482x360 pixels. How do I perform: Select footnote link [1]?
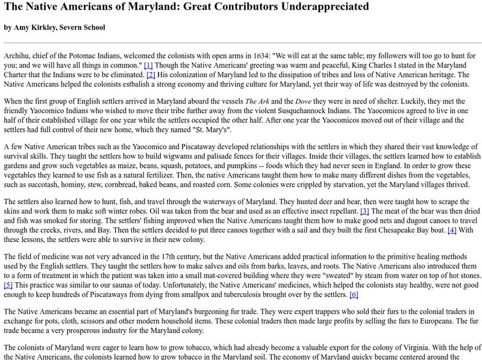point(148,64)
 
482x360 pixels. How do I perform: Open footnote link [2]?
point(151,74)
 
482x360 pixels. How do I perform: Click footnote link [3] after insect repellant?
point(365,211)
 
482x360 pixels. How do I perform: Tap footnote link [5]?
point(8,285)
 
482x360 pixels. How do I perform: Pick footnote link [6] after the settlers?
point(354,294)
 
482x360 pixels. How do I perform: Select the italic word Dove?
point(304,102)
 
